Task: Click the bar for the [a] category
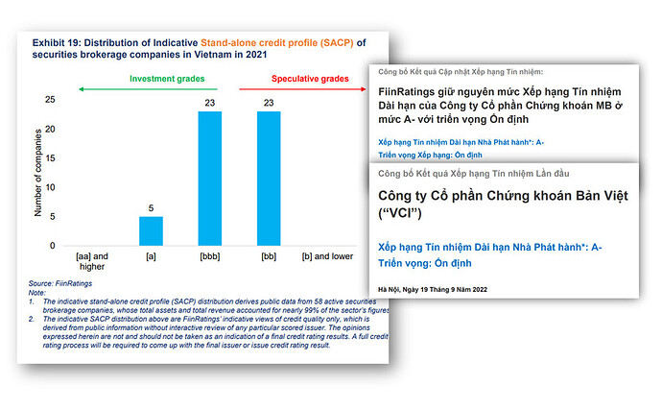coord(152,231)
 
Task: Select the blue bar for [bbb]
coord(209,179)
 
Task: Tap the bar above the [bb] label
coord(270,179)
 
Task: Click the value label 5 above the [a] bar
coord(152,207)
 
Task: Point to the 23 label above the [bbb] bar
coord(209,103)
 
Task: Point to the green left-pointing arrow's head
coord(81,89)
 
